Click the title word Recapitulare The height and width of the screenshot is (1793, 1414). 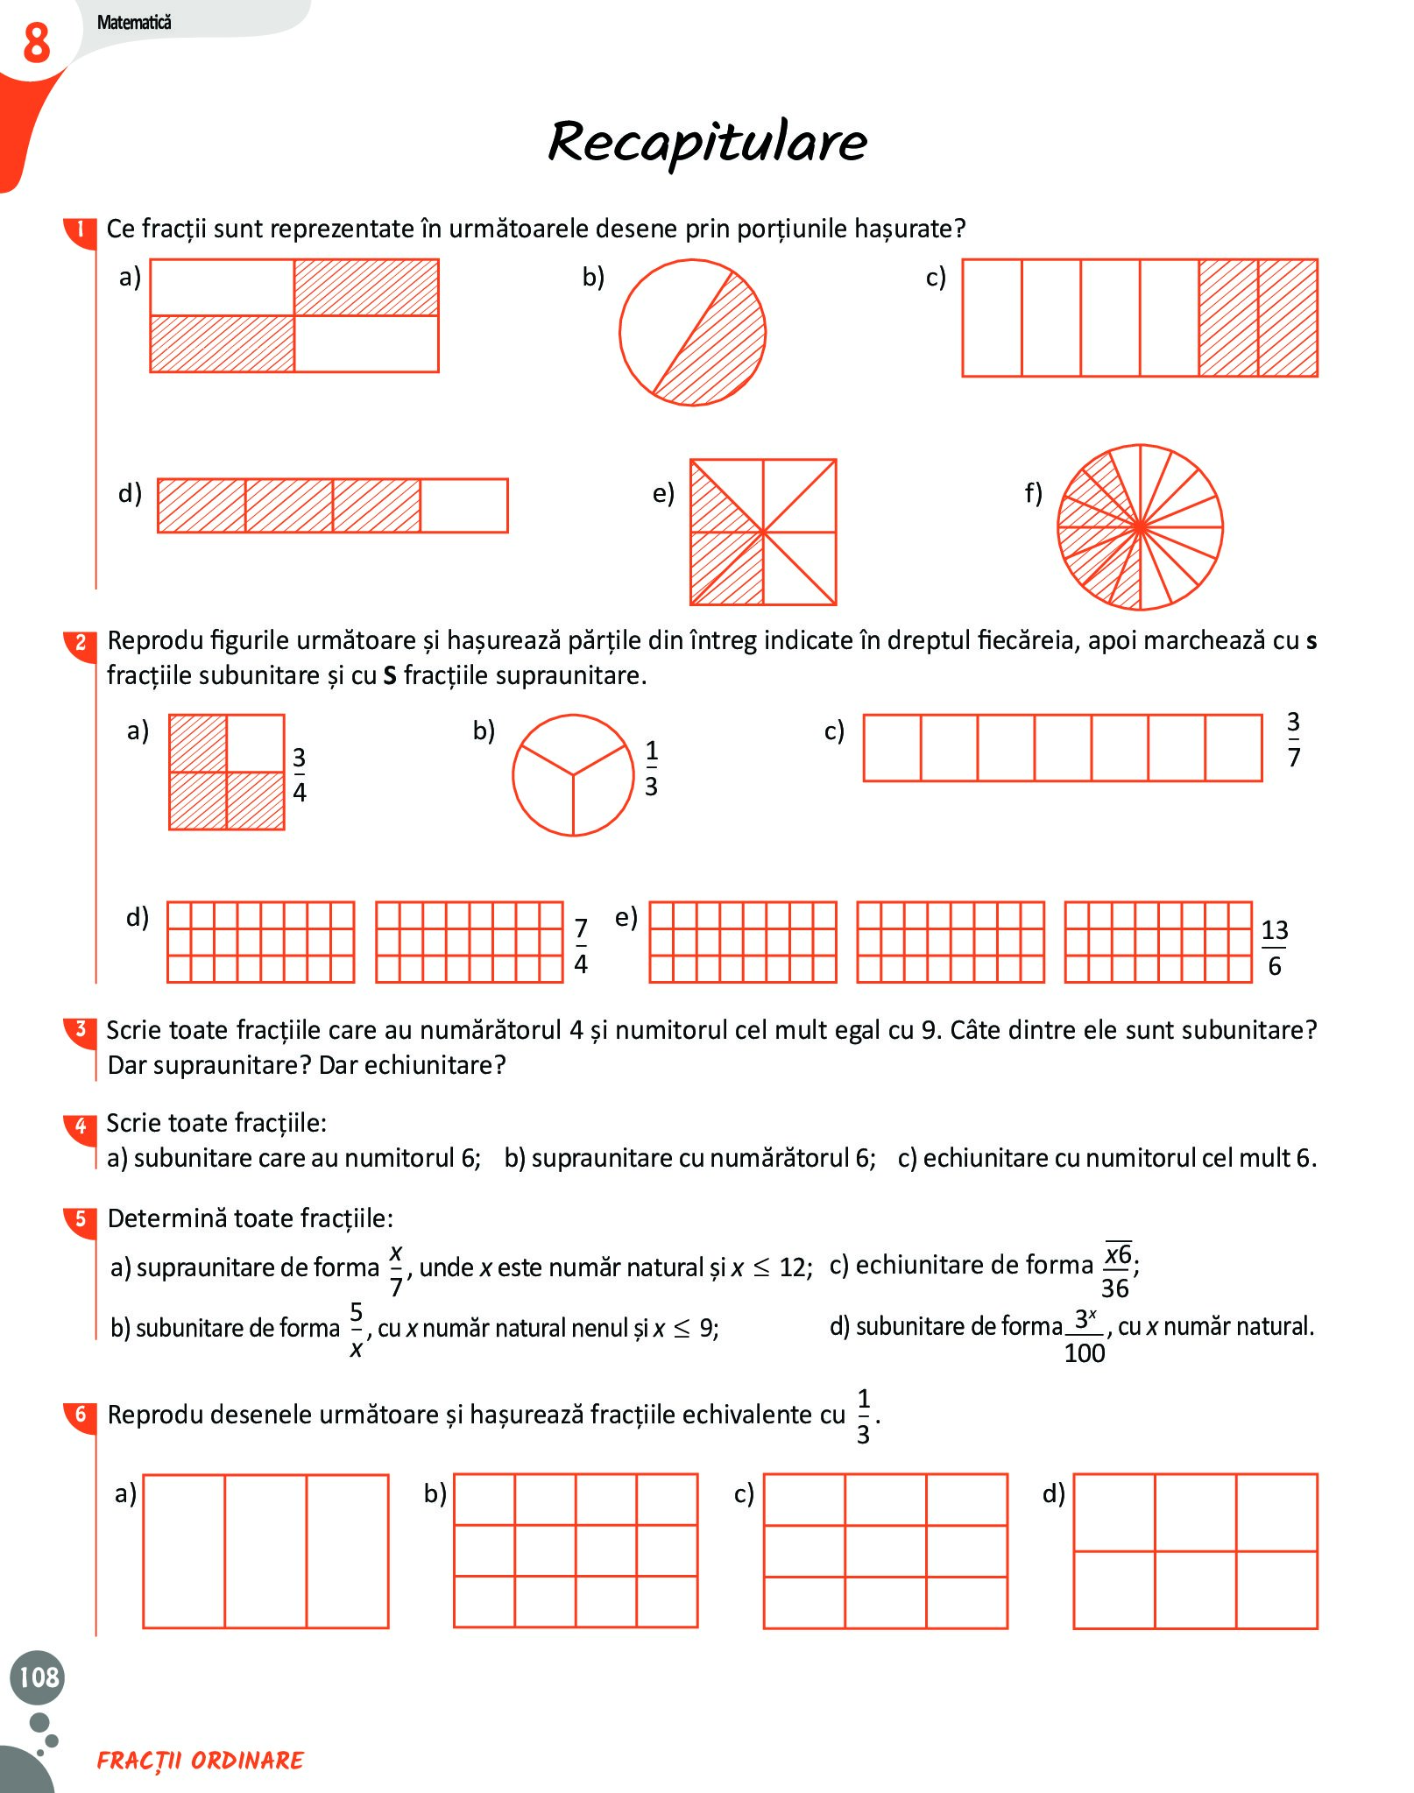pyautogui.click(x=707, y=142)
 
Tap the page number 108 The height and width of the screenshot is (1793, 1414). pyautogui.click(x=39, y=1677)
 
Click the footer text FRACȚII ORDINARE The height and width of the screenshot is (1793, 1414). pyautogui.click(x=200, y=1761)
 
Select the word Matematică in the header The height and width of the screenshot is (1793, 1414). pyautogui.click(x=134, y=23)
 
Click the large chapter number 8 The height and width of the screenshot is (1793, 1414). pyautogui.click(x=36, y=43)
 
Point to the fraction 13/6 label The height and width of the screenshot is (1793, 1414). pyautogui.click(x=1274, y=948)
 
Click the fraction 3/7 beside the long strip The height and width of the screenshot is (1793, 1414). pyautogui.click(x=1293, y=739)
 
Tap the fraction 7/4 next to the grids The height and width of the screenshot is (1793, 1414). pyautogui.click(x=580, y=946)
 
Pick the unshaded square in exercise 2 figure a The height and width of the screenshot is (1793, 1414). pyautogui.click(x=255, y=743)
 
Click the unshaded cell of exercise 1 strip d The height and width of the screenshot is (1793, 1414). pyautogui.click(x=463, y=505)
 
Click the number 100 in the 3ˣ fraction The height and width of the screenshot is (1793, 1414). pyautogui.click(x=1084, y=1353)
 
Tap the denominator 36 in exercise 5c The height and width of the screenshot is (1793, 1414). pyautogui.click(x=1114, y=1288)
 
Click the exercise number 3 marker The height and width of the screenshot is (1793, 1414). pyautogui.click(x=81, y=1029)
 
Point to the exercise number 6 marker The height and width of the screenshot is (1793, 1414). pyautogui.click(x=81, y=1414)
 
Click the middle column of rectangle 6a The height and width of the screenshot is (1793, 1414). pyautogui.click(x=265, y=1550)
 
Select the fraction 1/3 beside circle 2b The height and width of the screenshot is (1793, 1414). pyautogui.click(x=651, y=768)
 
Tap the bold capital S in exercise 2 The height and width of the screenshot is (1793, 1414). pyautogui.click(x=390, y=676)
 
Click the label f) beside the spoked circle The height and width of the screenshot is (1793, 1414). pyautogui.click(x=1034, y=493)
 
